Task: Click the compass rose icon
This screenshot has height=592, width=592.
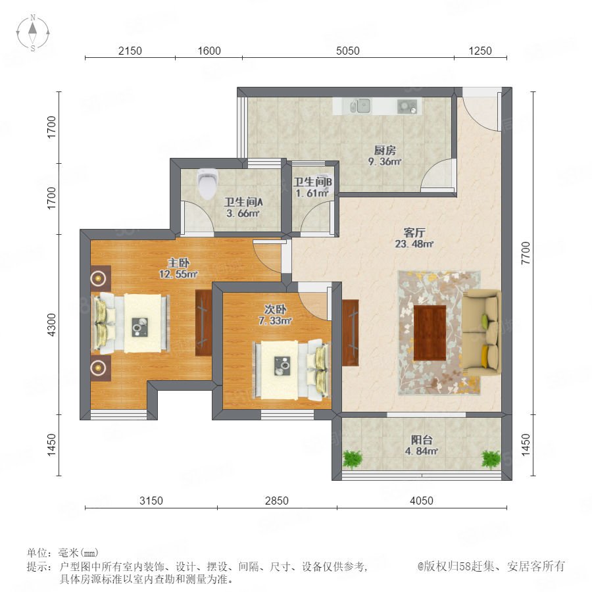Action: [x=33, y=33]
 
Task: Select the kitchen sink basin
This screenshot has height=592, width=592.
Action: [x=360, y=106]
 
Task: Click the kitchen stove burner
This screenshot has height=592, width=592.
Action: [x=407, y=106]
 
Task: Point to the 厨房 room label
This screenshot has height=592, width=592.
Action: [x=385, y=150]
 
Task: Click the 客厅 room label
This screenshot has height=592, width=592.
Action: [x=414, y=232]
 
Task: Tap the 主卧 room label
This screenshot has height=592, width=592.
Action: [x=178, y=262]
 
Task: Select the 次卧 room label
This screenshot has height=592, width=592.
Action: [x=275, y=309]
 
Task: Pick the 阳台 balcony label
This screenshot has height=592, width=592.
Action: [x=422, y=439]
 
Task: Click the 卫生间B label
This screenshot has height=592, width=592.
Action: [x=313, y=182]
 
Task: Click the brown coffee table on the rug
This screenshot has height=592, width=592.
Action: [x=430, y=333]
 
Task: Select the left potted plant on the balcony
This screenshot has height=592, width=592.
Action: [x=353, y=459]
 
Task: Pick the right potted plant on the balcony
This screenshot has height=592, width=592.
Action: [x=491, y=459]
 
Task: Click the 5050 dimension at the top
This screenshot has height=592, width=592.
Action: [x=348, y=51]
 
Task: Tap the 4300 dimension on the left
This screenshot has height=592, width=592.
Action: [x=51, y=325]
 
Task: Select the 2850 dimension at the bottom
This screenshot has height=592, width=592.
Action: [x=277, y=501]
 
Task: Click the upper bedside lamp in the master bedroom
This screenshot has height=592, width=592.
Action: [x=98, y=279]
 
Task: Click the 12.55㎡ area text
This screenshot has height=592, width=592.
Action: [x=178, y=274]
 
